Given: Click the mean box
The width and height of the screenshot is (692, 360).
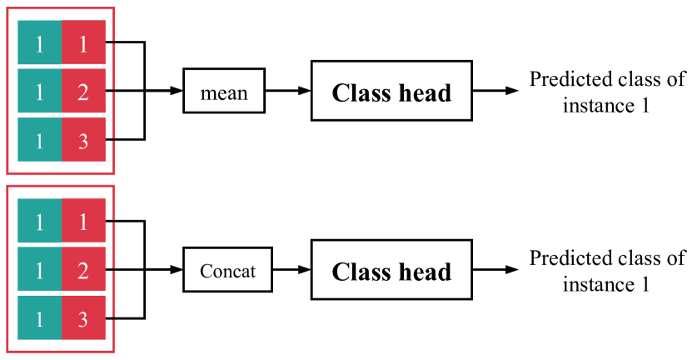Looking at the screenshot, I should pyautogui.click(x=224, y=92).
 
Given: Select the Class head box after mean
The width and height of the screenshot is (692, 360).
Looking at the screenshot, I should pyautogui.click(x=391, y=92).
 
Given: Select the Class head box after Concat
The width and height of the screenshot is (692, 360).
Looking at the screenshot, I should pyautogui.click(x=391, y=271).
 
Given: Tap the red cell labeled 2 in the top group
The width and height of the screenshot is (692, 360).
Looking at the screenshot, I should pyautogui.click(x=83, y=92).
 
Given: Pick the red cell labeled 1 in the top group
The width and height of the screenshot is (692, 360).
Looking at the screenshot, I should pyautogui.click(x=83, y=42).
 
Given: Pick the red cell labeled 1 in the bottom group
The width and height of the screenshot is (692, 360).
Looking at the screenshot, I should pyautogui.click(x=83, y=221).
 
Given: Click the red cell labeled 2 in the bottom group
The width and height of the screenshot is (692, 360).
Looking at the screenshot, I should pyautogui.click(x=83, y=270).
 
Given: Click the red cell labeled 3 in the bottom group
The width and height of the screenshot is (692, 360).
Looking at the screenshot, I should pyautogui.click(x=83, y=318).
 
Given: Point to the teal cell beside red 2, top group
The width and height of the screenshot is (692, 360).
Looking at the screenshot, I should pyautogui.click(x=39, y=92).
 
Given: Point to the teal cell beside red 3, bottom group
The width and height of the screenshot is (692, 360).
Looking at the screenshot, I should pyautogui.click(x=39, y=318).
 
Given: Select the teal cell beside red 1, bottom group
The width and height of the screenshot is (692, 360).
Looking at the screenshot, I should pyautogui.click(x=39, y=221).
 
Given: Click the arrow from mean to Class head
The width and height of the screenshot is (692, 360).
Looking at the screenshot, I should pyautogui.click(x=287, y=92).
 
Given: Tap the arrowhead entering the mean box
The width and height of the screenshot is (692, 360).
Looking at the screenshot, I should pyautogui.click(x=177, y=92).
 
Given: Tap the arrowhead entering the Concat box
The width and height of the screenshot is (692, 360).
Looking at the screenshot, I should pyautogui.click(x=177, y=271).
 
